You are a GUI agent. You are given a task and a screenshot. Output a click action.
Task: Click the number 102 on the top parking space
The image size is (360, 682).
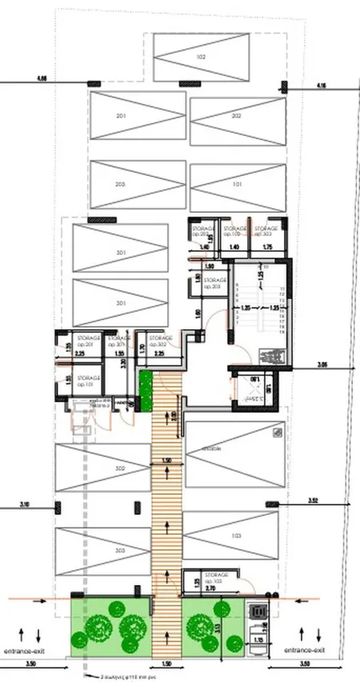click(x=201, y=57)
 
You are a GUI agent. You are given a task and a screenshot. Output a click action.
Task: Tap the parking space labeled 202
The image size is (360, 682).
click(x=236, y=117)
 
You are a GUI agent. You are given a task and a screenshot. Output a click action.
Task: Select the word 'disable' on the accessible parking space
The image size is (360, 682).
click(x=211, y=448)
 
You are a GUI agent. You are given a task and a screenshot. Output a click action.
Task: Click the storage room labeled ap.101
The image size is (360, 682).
click(x=89, y=381)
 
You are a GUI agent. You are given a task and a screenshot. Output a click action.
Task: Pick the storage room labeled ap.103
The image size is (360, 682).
click(x=217, y=577)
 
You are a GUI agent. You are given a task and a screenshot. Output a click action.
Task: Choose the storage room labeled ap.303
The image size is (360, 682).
click(x=266, y=231)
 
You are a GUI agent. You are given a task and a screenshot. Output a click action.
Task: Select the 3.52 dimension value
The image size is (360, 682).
click(x=313, y=501)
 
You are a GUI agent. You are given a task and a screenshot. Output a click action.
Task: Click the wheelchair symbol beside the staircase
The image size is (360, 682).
click(x=266, y=356)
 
